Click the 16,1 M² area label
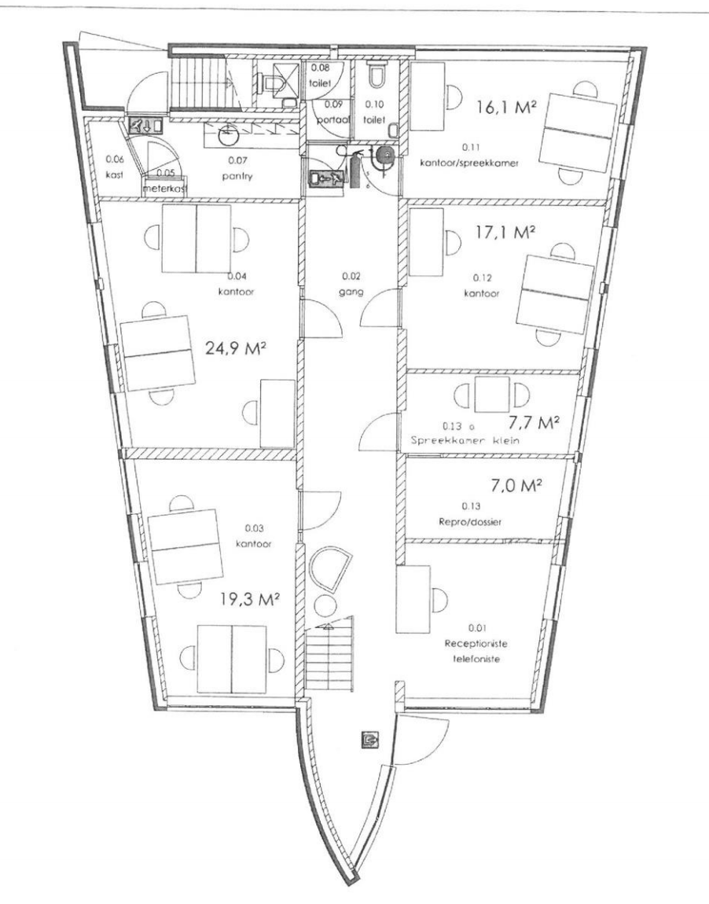(x=507, y=107)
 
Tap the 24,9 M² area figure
(x=235, y=348)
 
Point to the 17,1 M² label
(x=505, y=233)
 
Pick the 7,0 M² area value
(x=516, y=486)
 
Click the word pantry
(x=237, y=176)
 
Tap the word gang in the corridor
(x=351, y=292)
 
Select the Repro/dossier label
(x=470, y=522)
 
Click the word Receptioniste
(x=476, y=643)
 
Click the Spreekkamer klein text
(x=465, y=440)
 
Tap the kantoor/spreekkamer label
(x=469, y=163)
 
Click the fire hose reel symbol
(x=383, y=155)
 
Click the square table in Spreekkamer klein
(x=492, y=395)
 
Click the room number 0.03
(x=254, y=527)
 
